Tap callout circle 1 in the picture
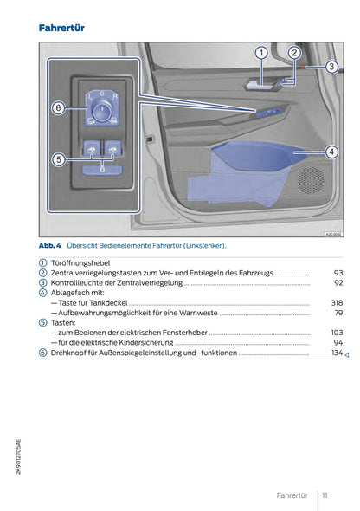click(260, 54)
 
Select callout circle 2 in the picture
click(293, 54)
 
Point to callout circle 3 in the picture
click(331, 67)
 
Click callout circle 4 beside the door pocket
click(331, 152)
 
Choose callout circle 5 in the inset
click(58, 159)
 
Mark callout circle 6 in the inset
click(58, 108)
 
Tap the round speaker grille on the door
click(311, 180)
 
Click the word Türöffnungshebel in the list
click(82, 262)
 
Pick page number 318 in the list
click(337, 302)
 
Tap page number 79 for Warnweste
click(338, 313)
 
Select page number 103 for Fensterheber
click(337, 333)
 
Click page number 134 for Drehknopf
click(337, 353)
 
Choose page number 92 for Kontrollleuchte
click(338, 282)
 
